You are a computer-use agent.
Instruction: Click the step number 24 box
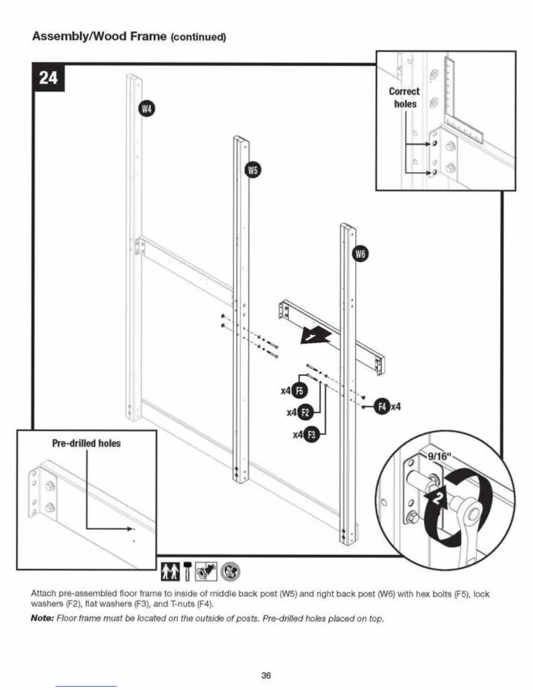tap(48, 78)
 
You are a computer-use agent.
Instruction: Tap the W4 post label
tap(147, 108)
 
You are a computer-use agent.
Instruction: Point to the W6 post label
tap(360, 254)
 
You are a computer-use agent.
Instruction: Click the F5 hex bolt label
tap(299, 391)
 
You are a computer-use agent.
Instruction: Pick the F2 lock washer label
tap(305, 412)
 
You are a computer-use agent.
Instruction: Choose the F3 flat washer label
tap(311, 434)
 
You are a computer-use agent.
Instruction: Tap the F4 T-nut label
tap(382, 407)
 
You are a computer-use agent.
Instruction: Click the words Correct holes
tap(405, 98)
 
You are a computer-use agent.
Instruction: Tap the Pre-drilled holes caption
tap(86, 443)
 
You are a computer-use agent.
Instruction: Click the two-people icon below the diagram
tap(170, 572)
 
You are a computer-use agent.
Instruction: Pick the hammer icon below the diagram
tap(187, 572)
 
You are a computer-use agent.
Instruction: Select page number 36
tap(266, 675)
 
